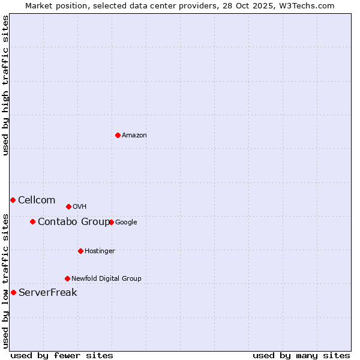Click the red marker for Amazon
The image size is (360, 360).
[x=118, y=135]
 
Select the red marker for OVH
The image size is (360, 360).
[x=68, y=206]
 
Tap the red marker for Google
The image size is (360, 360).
[x=111, y=222]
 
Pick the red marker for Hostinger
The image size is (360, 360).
[x=80, y=251]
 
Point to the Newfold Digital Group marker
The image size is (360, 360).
[x=67, y=278]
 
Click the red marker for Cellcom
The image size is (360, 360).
[x=13, y=200]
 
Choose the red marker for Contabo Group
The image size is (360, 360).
[x=32, y=221]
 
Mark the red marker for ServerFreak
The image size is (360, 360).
[x=13, y=292]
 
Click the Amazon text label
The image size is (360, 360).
[x=134, y=136]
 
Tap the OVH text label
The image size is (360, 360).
[x=80, y=207]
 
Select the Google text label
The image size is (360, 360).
[x=126, y=223]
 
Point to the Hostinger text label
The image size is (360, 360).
[x=100, y=251]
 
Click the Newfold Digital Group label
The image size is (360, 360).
[x=106, y=279]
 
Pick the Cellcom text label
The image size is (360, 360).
[x=37, y=200]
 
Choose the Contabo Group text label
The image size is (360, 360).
[x=74, y=222]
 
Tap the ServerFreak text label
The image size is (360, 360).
[x=48, y=293]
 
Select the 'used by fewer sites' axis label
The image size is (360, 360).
[x=62, y=355]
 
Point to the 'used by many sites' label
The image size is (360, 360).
[x=301, y=355]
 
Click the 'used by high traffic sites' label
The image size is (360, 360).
[x=5, y=85]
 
